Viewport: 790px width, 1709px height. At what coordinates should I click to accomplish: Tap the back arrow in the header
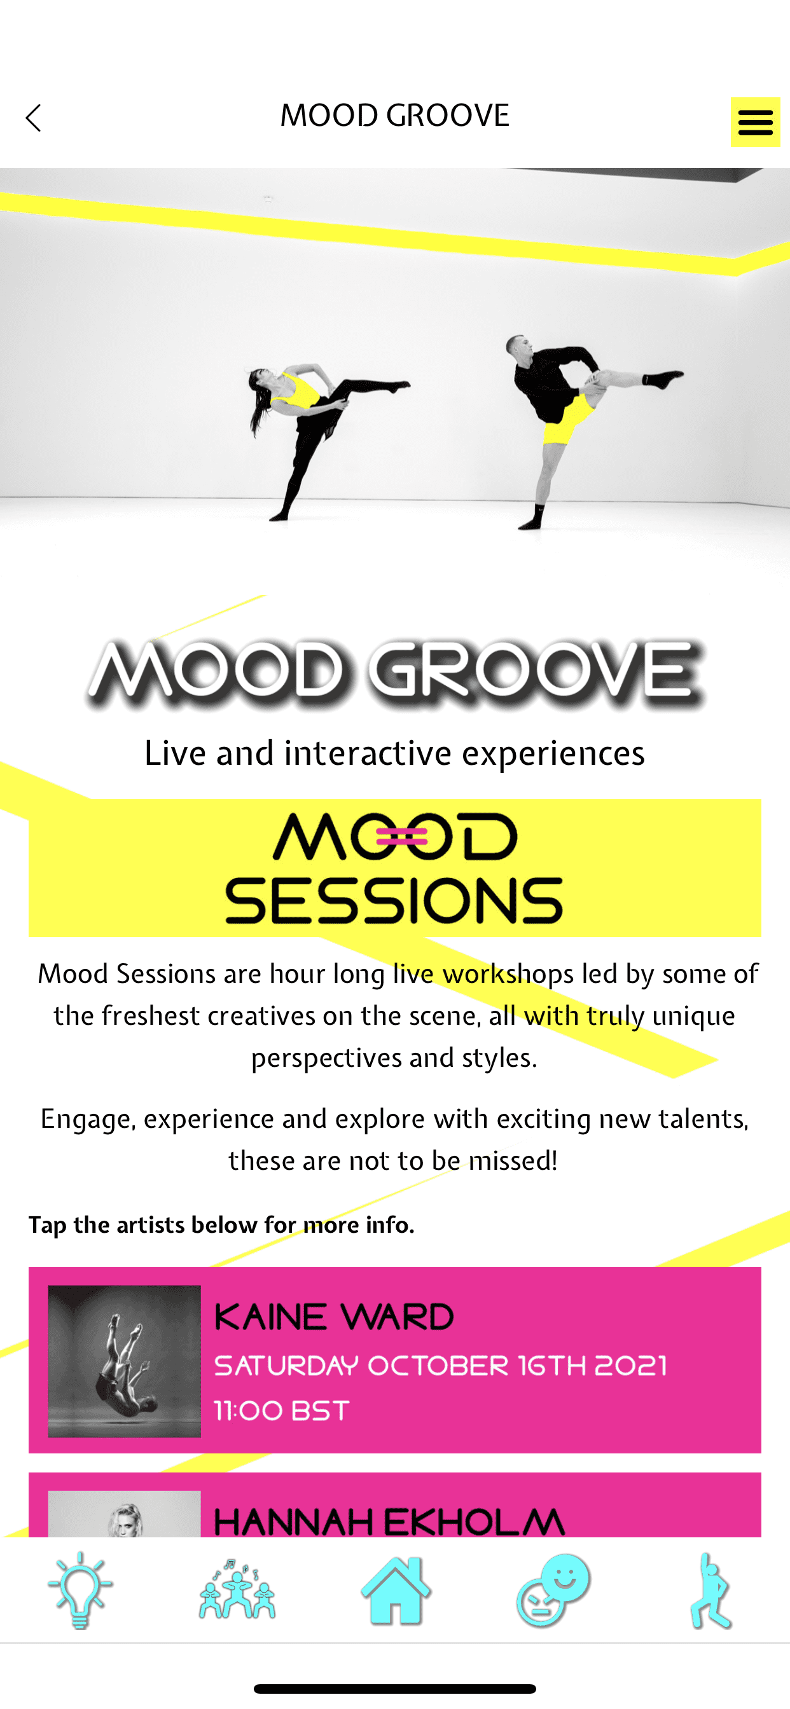tap(33, 118)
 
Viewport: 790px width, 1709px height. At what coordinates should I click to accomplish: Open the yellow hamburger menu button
tap(755, 122)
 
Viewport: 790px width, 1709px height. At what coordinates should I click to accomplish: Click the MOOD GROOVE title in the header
tap(394, 116)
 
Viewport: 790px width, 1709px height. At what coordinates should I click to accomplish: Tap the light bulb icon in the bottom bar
tap(80, 1589)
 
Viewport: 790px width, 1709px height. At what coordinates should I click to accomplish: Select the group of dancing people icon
tap(237, 1589)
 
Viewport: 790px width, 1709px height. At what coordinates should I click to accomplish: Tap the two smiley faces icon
tap(552, 1589)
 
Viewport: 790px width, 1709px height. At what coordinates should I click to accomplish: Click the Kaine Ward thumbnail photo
tap(124, 1361)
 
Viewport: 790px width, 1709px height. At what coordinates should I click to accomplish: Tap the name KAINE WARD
tap(334, 1317)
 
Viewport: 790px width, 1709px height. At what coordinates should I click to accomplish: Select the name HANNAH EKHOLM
tap(389, 1522)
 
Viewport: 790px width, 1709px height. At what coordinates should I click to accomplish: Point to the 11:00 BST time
tap(282, 1410)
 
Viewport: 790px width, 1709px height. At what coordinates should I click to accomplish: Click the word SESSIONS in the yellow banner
tap(394, 900)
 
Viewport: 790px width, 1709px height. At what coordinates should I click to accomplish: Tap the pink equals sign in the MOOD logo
tap(401, 836)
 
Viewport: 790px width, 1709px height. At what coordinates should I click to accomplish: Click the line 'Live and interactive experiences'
tap(394, 753)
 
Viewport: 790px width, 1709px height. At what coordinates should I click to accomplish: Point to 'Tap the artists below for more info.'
tap(221, 1225)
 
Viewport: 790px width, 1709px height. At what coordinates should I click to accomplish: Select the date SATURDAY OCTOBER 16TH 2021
tap(440, 1365)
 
